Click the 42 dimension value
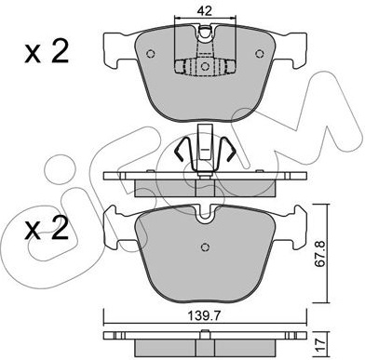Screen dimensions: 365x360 [205, 11]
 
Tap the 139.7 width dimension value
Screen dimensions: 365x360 [205, 316]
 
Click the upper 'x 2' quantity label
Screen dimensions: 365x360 [47, 52]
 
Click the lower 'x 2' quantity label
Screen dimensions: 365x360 [47, 229]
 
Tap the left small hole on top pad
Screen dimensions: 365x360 [150, 54]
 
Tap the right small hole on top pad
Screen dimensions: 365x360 [260, 54]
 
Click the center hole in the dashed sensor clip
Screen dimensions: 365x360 [205, 66]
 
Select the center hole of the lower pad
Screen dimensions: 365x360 [205, 247]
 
